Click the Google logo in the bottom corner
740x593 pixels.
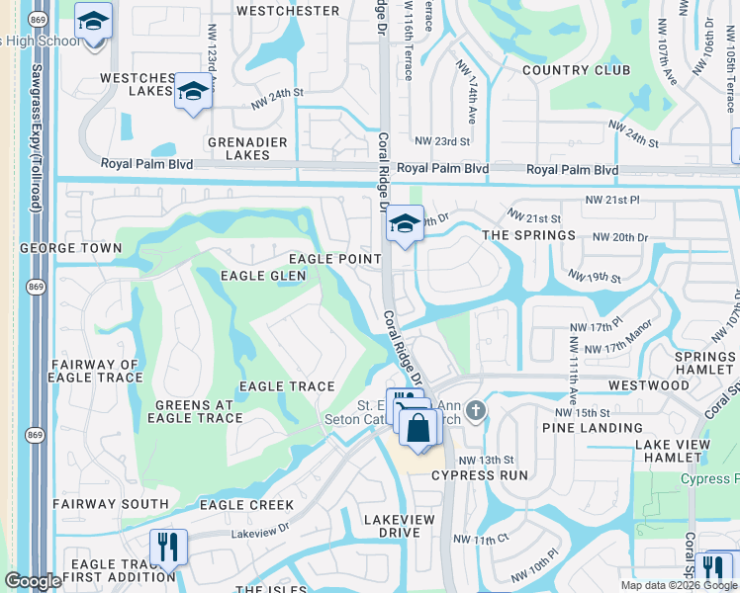33,582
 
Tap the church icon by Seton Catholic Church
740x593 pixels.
476,410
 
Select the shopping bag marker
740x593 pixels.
419,428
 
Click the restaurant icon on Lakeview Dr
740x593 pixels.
167,546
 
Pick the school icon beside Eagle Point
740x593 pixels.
404,224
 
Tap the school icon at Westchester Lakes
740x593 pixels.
194,93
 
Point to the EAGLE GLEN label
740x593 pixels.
264,276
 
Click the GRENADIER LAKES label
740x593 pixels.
233,148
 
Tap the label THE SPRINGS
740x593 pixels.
528,235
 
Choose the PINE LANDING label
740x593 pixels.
592,428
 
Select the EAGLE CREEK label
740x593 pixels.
246,505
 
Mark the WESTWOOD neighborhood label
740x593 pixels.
649,384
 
